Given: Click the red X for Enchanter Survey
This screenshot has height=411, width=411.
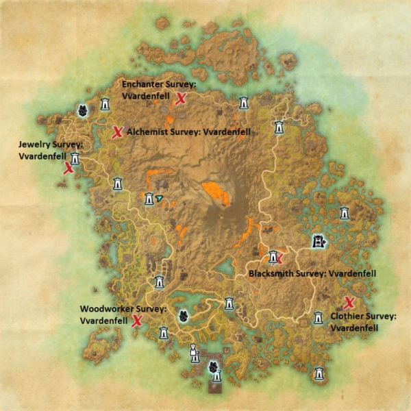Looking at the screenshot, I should tap(182, 99).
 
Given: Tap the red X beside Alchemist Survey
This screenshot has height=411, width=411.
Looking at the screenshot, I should tap(117, 132).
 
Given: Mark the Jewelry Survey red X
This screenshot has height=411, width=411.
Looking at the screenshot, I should tap(68, 169).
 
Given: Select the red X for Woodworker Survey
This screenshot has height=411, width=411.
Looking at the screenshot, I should tap(137, 321).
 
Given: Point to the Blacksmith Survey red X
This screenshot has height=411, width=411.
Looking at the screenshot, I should tap(279, 258).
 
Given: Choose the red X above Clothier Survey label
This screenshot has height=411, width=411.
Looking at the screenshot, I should tap(349, 303).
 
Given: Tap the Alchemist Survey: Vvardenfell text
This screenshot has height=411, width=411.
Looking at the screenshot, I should tap(188, 132).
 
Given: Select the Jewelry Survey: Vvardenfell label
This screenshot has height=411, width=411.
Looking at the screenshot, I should tap(51, 151).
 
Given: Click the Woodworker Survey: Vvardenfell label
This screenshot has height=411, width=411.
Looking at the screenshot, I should tap(123, 314).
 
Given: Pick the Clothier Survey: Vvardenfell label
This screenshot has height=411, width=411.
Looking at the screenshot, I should tap(363, 322).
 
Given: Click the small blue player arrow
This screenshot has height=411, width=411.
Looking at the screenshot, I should tap(160, 198).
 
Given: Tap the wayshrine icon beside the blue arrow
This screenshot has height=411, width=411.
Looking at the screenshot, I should tap(149, 199).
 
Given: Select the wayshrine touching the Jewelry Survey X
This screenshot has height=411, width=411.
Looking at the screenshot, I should tap(75, 159).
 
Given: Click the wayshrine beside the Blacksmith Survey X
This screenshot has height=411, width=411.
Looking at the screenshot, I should tap(273, 257).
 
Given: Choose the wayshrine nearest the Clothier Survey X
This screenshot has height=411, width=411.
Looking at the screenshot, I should tap(319, 318).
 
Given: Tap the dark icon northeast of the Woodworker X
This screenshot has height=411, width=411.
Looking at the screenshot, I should tap(183, 316).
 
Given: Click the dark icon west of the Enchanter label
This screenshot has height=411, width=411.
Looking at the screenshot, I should tap(82, 110).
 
